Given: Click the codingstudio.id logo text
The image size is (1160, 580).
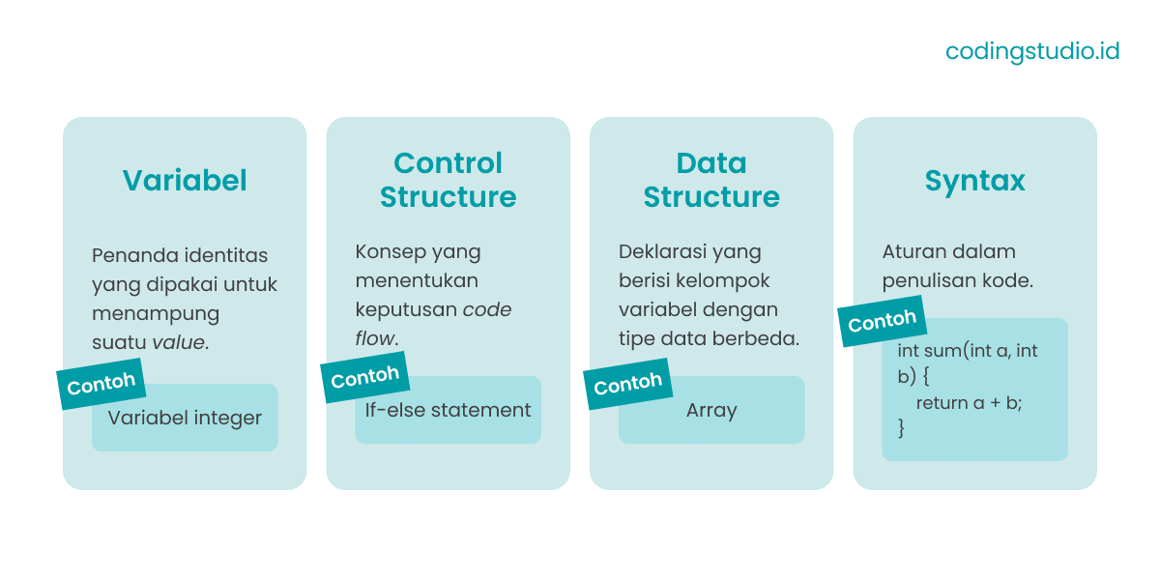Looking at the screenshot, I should click(x=1031, y=51).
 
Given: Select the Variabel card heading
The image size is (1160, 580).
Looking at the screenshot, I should click(x=185, y=180).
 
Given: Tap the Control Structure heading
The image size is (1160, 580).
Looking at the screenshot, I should click(x=448, y=180).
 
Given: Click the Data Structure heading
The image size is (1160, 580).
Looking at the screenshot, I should click(x=711, y=180).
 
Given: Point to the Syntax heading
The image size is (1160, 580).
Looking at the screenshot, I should click(x=974, y=180).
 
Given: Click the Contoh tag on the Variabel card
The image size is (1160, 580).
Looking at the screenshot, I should click(x=101, y=384).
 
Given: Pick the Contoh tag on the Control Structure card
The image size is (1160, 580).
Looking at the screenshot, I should click(x=364, y=377).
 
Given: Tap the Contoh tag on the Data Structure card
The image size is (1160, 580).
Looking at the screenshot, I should click(x=628, y=385).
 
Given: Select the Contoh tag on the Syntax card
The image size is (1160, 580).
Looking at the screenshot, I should click(x=882, y=321).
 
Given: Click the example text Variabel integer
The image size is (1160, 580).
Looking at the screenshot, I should click(x=185, y=418).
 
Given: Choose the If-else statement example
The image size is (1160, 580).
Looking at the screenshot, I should click(x=448, y=410).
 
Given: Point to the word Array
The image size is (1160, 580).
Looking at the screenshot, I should click(x=711, y=410).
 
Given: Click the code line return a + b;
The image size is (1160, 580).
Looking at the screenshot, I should click(x=969, y=402).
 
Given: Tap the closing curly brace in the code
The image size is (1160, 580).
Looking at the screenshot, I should click(x=902, y=426).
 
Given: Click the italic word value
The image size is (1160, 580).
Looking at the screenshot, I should click(x=178, y=341).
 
